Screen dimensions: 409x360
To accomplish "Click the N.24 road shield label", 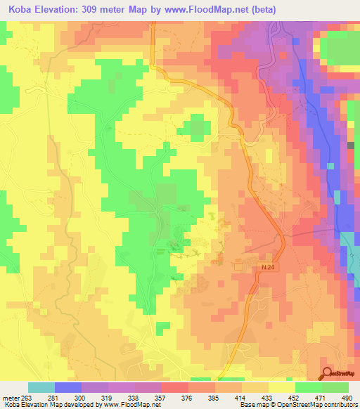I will [x=262, y=268].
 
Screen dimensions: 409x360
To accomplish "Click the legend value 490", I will [x=346, y=397].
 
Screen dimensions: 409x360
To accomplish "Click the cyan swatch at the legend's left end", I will [x=41, y=387].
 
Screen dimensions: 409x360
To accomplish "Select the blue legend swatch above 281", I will [x=68, y=387].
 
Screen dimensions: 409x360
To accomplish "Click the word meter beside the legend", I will [x=11, y=397].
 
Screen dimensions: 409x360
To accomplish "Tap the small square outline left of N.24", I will [x=238, y=266].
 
